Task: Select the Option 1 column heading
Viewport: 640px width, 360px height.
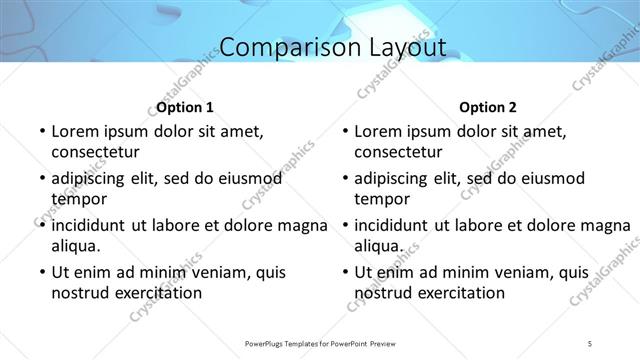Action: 185,107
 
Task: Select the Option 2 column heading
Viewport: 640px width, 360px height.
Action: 488,107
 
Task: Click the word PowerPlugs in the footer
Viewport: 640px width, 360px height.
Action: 268,344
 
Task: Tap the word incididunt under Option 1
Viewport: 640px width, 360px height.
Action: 91,225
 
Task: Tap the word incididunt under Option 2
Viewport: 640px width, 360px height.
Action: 395,225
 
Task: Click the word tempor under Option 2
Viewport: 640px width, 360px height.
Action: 379,198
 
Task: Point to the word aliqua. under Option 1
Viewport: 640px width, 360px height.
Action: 76,245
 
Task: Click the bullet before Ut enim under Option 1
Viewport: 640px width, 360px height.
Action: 41,272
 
